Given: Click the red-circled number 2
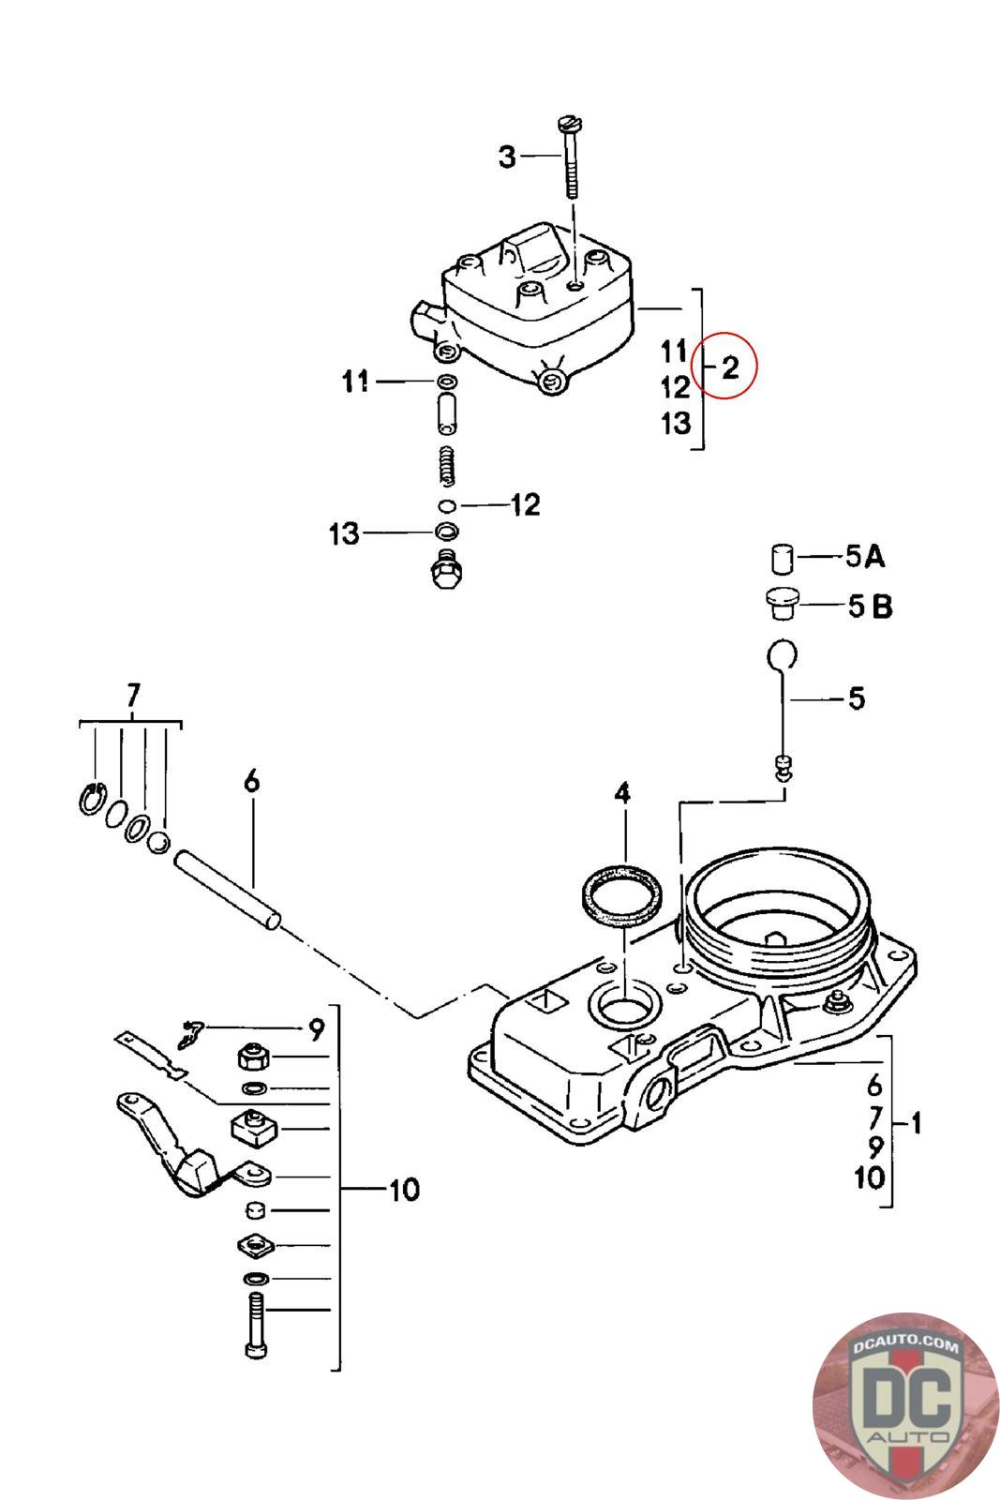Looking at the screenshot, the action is coord(730,367).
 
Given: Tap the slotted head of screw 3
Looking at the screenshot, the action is coord(569,124).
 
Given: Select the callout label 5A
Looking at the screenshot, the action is coord(865,556).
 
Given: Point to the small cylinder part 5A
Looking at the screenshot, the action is coord(781,559).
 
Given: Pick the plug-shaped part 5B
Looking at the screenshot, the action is coord(781,604).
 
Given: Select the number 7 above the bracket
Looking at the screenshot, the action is coord(133,696).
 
